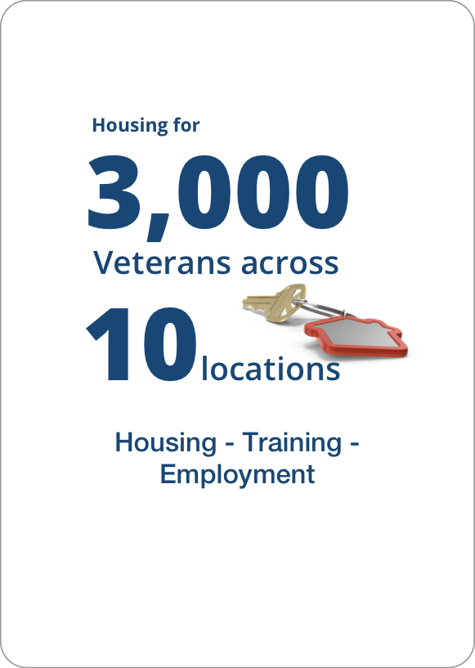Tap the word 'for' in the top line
tap(185, 126)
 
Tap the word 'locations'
tap(271, 370)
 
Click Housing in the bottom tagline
tap(164, 443)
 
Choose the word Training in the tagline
tap(292, 442)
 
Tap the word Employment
tap(237, 474)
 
